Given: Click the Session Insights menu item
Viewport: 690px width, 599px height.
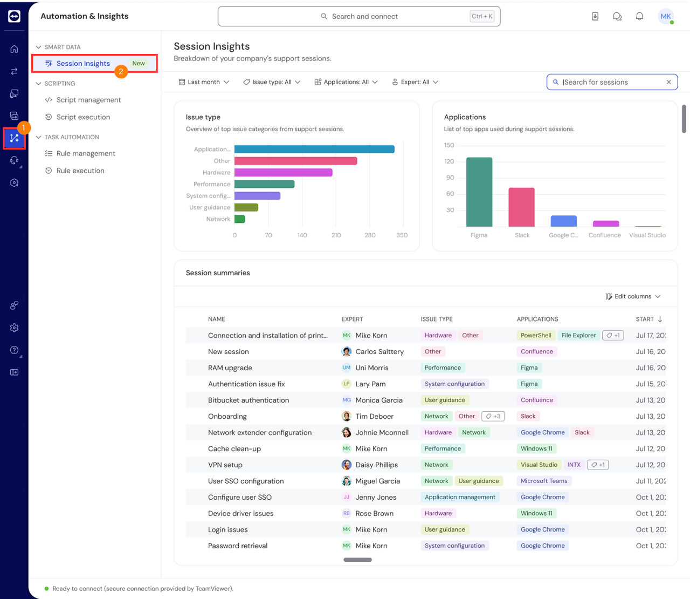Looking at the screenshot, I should click(x=83, y=64).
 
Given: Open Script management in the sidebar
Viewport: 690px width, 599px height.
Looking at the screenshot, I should click(x=88, y=100).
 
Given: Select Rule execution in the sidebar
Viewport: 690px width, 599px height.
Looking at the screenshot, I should click(x=80, y=171).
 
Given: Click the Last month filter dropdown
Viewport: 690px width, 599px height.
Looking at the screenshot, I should click(x=204, y=82).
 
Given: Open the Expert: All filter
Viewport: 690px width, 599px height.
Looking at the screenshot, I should click(x=415, y=82).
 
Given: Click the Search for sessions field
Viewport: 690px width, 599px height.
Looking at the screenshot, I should click(x=609, y=82).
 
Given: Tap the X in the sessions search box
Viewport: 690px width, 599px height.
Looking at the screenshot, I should click(x=668, y=82).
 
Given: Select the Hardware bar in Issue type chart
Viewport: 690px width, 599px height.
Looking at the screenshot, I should click(x=283, y=173).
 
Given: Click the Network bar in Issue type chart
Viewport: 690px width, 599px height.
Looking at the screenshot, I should click(x=240, y=219).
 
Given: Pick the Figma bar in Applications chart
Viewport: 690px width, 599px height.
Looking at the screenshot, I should click(x=479, y=192).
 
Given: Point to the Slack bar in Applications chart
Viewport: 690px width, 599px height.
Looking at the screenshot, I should click(x=521, y=207).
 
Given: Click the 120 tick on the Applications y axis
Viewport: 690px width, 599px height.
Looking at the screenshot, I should click(x=449, y=161).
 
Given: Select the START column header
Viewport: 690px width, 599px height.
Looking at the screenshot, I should click(x=645, y=319).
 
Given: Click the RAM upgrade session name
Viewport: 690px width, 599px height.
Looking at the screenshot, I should click(x=230, y=367).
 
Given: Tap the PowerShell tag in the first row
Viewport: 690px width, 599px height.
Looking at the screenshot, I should click(x=535, y=335).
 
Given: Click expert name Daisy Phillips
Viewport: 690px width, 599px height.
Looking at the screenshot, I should click(x=376, y=465).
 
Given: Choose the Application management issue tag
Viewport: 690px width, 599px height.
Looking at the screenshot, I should click(x=460, y=497).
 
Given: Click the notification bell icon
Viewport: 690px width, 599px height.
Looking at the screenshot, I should click(x=639, y=16).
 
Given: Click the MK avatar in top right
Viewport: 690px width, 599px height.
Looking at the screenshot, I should click(x=666, y=16).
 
